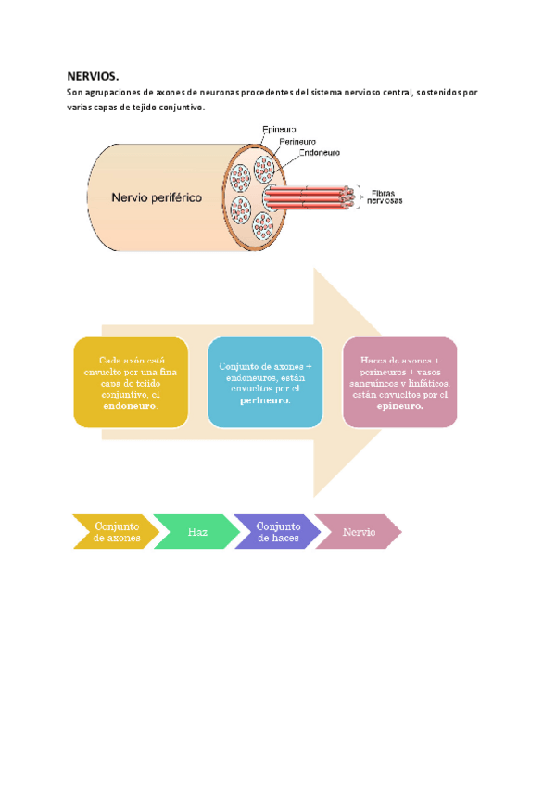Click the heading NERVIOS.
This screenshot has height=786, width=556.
tap(93, 76)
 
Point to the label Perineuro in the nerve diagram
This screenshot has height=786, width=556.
tap(298, 142)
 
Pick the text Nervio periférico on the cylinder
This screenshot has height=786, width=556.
tap(157, 196)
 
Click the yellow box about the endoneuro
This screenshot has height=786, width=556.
tap(131, 382)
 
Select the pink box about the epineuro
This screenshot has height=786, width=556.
tap(399, 382)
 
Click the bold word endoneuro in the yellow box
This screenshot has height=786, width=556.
tap(130, 406)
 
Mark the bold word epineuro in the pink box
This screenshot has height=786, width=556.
tap(399, 406)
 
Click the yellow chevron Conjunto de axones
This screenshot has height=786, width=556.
tap(116, 532)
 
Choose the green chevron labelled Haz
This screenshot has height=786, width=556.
tap(197, 532)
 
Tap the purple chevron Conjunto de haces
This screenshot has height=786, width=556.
tap(278, 532)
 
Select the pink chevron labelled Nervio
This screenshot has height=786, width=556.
tap(359, 532)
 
